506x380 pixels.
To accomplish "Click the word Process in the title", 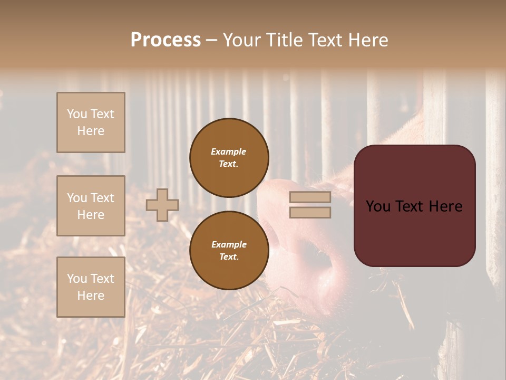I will (166, 40).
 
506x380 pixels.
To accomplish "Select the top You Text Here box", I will (91, 122).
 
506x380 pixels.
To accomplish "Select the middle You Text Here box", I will (91, 206).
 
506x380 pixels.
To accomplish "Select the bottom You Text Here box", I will (91, 287).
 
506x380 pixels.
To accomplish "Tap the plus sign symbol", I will (162, 205).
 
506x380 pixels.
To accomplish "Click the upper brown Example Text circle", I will (229, 157).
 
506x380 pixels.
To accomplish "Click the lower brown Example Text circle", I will (229, 250).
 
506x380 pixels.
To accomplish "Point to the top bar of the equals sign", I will (310, 197).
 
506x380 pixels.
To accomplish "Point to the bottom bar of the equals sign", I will (310, 212).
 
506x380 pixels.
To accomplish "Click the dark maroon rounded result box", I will (414, 206).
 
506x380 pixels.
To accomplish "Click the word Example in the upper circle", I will (229, 151).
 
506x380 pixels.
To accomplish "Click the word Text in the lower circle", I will (229, 256).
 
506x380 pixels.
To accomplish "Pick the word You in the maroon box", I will (377, 206).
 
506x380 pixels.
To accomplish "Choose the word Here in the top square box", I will (91, 131).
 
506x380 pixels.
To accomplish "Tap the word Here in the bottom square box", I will (91, 296).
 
